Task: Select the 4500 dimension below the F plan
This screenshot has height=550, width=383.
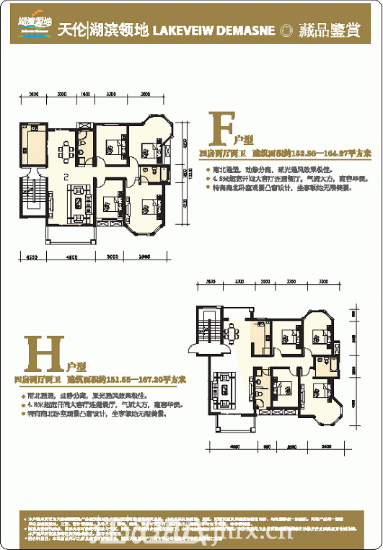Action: click(x=32, y=257)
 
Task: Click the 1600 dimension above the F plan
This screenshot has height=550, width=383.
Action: click(x=85, y=95)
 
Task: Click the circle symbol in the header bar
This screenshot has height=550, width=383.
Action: click(x=287, y=31)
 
